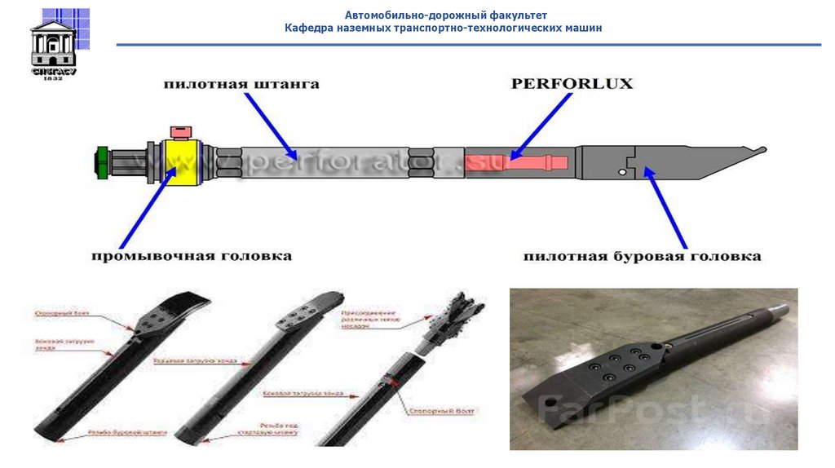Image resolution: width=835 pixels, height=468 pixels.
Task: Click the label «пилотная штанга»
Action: pos(241,84)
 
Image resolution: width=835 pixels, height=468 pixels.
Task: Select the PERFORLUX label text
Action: pos(572,83)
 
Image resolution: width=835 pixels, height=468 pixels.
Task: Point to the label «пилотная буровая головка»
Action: pos(642,256)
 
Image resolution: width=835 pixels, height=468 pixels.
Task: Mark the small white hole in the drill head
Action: pos(622,173)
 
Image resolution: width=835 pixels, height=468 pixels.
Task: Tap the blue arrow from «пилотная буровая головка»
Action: pos(669,207)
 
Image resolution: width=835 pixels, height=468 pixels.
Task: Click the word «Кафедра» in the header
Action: pos(307,28)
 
